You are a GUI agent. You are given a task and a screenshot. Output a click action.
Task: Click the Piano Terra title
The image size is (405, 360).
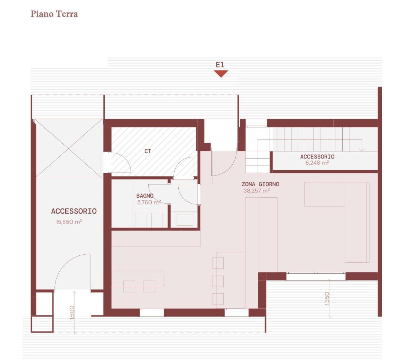tap(54, 14)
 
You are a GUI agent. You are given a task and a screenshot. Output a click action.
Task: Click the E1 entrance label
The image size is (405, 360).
tap(220, 65)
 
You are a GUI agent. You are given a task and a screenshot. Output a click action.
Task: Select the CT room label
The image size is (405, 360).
tap(148, 151)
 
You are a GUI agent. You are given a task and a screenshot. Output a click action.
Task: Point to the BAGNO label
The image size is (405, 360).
tap(145, 196)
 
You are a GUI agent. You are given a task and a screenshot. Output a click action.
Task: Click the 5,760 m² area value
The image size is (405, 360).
tap(149, 202)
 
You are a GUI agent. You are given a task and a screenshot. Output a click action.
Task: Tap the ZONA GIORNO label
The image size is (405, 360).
tap(260, 184)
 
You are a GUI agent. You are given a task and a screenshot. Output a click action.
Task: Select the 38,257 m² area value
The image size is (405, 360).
tap(256, 191)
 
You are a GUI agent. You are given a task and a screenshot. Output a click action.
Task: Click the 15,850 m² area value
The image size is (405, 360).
tap(69, 222)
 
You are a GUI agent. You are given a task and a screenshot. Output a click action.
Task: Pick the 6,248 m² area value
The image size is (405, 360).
tap(317, 163)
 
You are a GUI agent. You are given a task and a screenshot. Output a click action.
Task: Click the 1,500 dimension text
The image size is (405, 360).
tap(72, 312)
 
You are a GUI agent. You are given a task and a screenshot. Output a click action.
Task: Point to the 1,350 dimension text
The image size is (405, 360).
tap(327, 298)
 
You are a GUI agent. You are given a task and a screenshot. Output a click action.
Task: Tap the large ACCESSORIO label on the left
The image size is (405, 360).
tap(74, 211)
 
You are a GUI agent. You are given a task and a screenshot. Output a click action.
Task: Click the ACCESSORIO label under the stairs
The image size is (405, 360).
tap(317, 157)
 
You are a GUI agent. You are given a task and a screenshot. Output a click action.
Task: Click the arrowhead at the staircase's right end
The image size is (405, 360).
tap(361, 150)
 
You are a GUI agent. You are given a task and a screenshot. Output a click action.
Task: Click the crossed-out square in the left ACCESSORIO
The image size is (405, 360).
tap(69, 148)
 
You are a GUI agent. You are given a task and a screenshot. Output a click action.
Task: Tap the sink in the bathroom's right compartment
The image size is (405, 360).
tap(185, 220)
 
